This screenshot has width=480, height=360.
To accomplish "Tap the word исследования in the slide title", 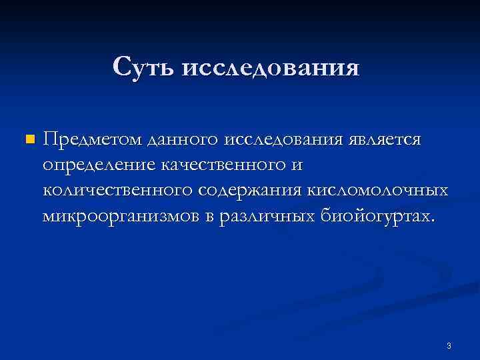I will click(x=271, y=67).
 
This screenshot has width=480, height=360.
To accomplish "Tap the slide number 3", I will click(x=449, y=346).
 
